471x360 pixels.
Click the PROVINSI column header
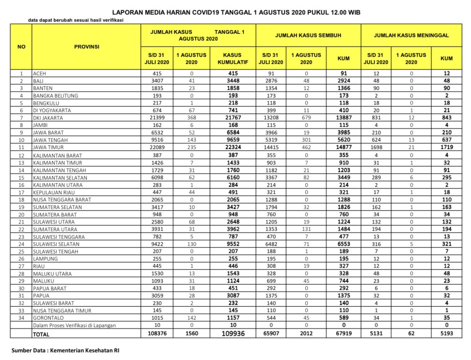[x=87, y=47]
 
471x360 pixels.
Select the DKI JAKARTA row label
[x=46, y=118]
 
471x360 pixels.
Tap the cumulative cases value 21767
[x=233, y=118]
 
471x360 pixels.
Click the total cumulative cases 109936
[x=233, y=334]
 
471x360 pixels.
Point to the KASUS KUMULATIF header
[x=233, y=58]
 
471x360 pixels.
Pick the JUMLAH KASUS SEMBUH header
[x=308, y=35]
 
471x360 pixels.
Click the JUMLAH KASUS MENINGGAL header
[x=411, y=35]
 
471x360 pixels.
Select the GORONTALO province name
[x=46, y=318]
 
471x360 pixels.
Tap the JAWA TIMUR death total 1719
[x=446, y=148]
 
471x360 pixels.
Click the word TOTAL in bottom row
[x=41, y=334]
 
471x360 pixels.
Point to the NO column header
[x=21, y=47]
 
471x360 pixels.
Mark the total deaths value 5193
[x=446, y=334]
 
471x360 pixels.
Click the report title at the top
[x=236, y=13]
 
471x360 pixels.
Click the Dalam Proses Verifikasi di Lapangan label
[x=74, y=325]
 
